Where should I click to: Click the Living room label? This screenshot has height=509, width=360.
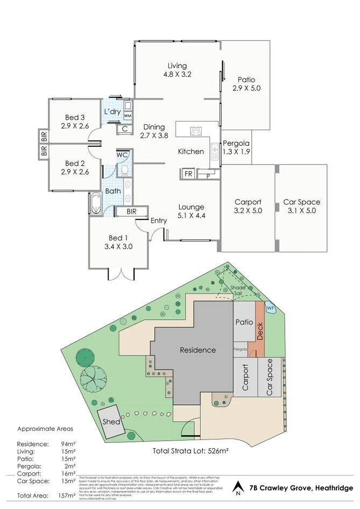pos(177,66)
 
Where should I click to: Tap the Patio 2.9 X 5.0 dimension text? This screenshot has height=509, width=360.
pos(246,88)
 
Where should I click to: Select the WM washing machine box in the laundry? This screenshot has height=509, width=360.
pos(128,116)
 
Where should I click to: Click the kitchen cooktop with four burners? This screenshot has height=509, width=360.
pos(196,131)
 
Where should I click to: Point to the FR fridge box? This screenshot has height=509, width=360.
pos(188,174)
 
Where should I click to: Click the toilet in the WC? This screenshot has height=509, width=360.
pos(123,171)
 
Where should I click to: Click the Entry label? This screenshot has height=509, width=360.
pos(158,221)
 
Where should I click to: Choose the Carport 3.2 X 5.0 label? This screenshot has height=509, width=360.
pos(248,207)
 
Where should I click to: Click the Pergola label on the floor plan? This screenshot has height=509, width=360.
pos(236,144)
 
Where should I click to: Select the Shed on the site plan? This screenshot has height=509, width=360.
pos(111,421)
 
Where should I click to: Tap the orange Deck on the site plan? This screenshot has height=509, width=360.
pos(260,329)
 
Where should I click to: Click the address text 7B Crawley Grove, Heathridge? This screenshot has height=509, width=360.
pos(300,489)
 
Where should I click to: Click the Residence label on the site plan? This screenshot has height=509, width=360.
pos(197,350)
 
